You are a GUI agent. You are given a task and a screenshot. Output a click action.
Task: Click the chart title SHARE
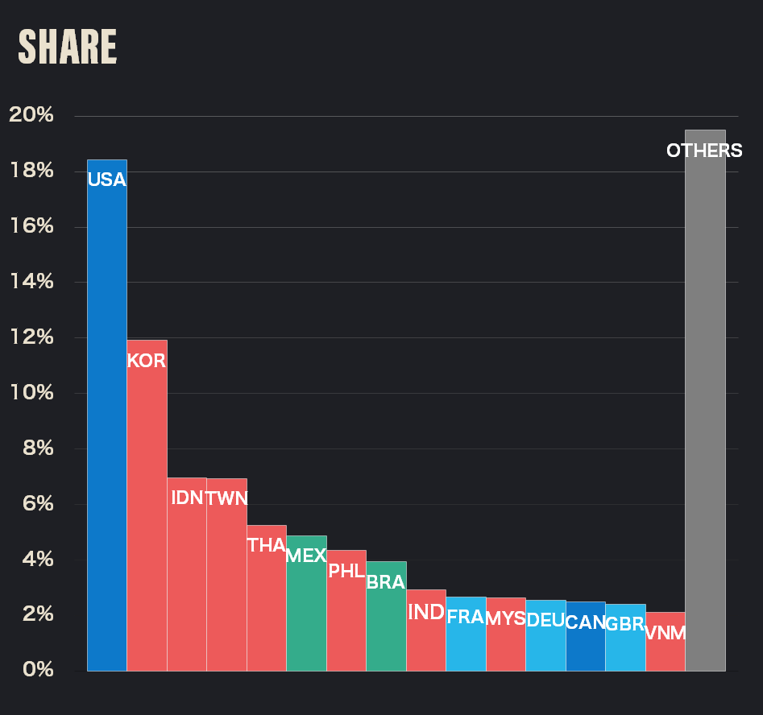(68, 48)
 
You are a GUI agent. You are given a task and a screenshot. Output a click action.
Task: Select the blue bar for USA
(106, 419)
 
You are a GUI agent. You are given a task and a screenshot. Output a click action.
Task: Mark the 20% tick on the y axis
(31, 115)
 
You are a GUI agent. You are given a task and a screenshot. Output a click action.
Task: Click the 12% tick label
(31, 337)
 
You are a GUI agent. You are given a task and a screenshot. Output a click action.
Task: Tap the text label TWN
(226, 498)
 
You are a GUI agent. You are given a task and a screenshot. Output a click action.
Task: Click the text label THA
(267, 545)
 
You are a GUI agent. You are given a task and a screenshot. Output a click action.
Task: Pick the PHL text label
(346, 571)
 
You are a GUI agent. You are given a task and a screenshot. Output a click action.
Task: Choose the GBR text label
(625, 623)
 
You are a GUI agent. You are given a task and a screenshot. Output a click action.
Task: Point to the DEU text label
(545, 619)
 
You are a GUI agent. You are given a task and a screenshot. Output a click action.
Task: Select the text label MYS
(506, 618)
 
